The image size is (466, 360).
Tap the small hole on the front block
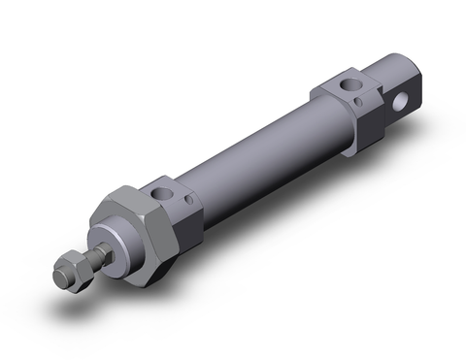[x=189, y=201]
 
